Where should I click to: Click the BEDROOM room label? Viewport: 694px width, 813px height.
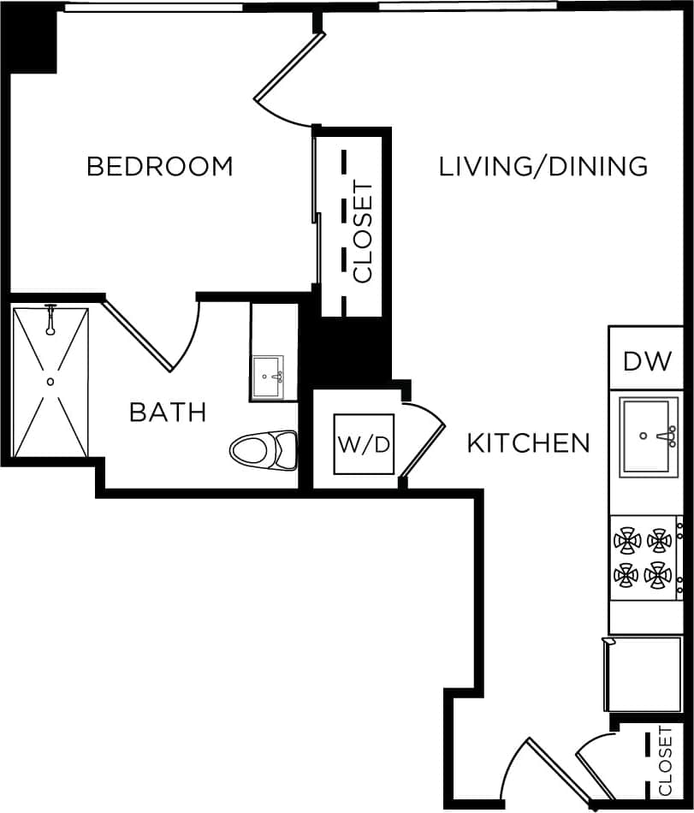click(160, 166)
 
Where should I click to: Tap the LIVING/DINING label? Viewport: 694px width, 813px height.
click(543, 166)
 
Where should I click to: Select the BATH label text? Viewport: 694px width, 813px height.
click(168, 412)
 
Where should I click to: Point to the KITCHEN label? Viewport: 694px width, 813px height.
click(528, 443)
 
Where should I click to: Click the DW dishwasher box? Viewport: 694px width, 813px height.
click(648, 360)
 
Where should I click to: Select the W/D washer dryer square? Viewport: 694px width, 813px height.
click(364, 444)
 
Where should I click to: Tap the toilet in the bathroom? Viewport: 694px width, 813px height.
click(264, 449)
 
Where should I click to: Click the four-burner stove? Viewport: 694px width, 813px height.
click(644, 557)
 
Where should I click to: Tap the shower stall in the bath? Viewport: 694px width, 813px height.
click(50, 383)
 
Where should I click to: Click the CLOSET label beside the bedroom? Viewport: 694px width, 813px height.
click(363, 231)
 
